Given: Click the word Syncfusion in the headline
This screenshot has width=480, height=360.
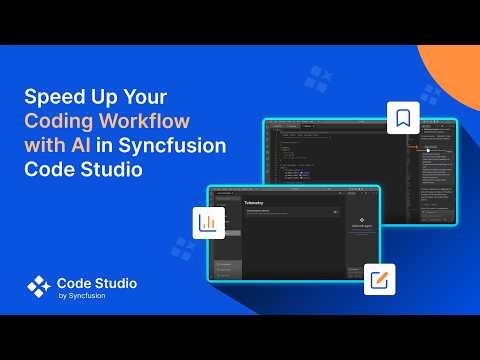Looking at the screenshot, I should (x=174, y=146).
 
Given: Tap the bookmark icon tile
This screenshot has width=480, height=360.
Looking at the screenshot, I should (x=402, y=118).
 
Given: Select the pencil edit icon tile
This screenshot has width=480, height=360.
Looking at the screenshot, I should (x=379, y=279).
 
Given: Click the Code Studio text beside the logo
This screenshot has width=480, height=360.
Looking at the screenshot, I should (x=97, y=283).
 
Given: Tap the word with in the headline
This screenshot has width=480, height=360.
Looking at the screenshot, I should (x=45, y=146).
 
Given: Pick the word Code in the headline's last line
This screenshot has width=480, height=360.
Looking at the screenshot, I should (x=47, y=168).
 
